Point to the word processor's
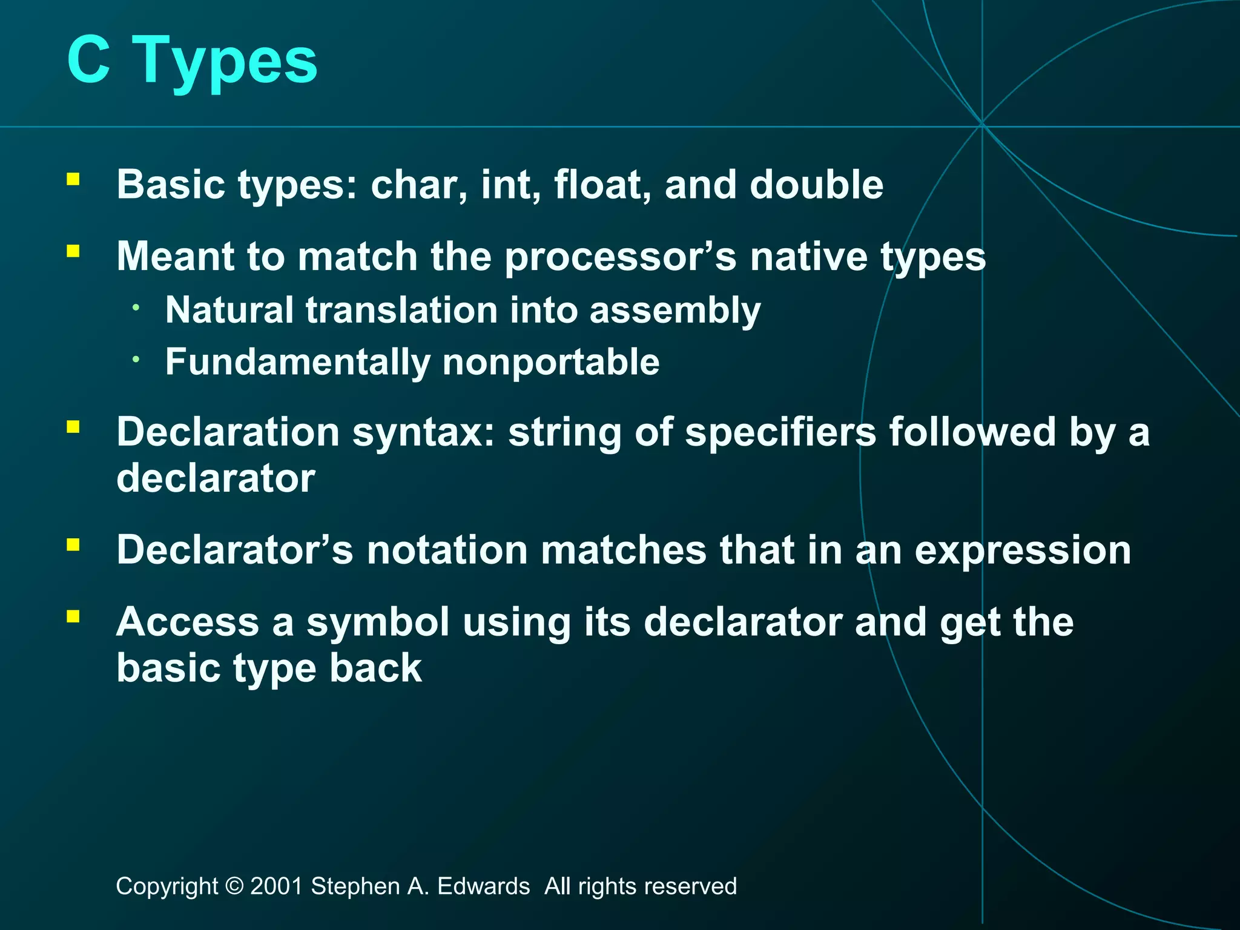point(620,257)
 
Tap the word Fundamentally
point(297,362)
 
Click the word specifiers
point(780,432)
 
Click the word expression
point(1022,551)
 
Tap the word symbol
point(377,622)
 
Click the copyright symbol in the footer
point(234,886)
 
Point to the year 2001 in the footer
point(276,886)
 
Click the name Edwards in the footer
point(483,886)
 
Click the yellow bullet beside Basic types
point(73,179)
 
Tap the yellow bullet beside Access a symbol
point(73,617)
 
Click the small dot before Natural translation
point(137,308)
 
